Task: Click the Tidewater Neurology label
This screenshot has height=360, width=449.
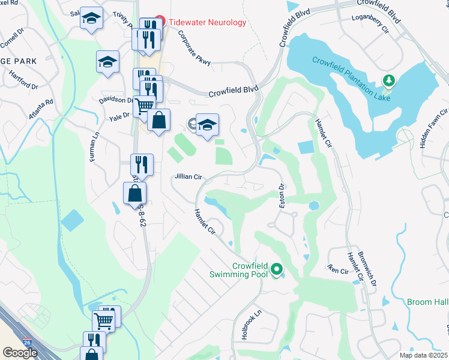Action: pos(207,22)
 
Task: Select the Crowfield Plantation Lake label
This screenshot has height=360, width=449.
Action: pos(352,78)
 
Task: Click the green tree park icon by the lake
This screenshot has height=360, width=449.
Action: pos(389,80)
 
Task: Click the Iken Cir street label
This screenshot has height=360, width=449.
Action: pos(338,271)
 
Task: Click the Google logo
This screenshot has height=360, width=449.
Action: pos(20,353)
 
